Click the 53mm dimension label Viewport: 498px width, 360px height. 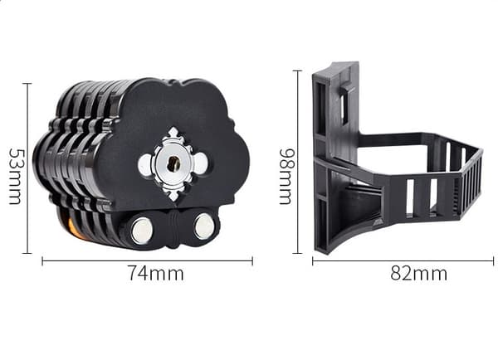click(15, 176)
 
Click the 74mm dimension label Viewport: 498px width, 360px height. click(156, 273)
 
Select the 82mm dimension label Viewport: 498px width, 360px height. click(419, 273)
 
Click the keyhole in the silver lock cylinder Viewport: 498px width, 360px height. click(173, 163)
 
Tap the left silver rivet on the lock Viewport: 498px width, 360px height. click(141, 229)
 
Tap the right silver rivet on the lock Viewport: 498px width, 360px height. click(203, 226)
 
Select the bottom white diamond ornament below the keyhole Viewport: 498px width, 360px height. click(173, 195)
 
